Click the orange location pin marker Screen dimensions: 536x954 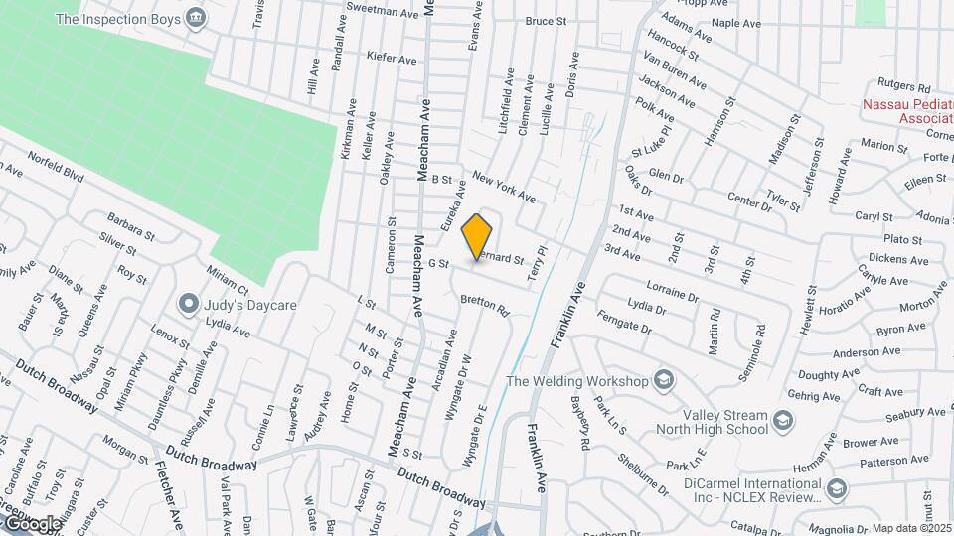pyautogui.click(x=477, y=237)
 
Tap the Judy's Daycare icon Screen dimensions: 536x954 pyautogui.click(x=187, y=304)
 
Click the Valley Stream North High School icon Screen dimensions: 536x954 pyautogui.click(x=784, y=422)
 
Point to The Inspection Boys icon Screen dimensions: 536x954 pyautogui.click(x=196, y=18)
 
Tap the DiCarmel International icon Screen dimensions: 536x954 pyautogui.click(x=836, y=488)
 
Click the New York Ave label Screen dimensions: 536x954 pyautogui.click(x=503, y=187)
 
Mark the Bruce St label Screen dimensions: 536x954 pyautogui.click(x=545, y=20)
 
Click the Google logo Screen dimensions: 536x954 pyautogui.click(x=32, y=523)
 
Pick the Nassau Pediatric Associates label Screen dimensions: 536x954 pyautogui.click(x=907, y=112)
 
